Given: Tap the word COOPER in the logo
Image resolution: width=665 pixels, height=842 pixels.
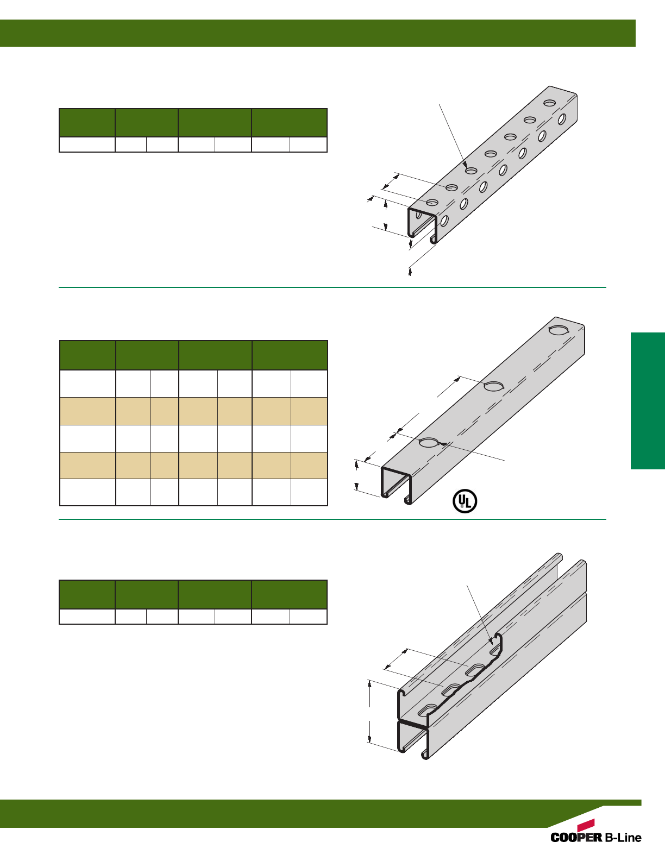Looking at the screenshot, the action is pyautogui.click(x=576, y=837).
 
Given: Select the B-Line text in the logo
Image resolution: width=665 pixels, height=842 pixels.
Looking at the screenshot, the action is pyautogui.click(x=623, y=837).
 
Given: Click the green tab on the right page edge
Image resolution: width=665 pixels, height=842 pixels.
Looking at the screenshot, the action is pyautogui.click(x=648, y=401).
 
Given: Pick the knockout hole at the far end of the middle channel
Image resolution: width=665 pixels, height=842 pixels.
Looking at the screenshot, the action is pyautogui.click(x=558, y=330).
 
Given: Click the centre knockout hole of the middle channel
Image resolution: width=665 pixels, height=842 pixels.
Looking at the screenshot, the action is pyautogui.click(x=493, y=386).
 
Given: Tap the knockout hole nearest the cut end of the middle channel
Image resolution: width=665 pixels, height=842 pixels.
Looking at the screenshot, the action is pyautogui.click(x=429, y=443).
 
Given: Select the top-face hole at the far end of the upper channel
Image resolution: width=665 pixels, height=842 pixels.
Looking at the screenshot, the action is pyautogui.click(x=549, y=103).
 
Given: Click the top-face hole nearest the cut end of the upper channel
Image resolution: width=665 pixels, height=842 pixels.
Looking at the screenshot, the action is pyautogui.click(x=432, y=203).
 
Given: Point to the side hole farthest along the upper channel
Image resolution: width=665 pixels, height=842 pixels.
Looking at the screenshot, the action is pyautogui.click(x=562, y=118).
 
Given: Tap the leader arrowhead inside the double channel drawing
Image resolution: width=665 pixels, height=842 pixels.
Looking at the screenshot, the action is pyautogui.click(x=491, y=641).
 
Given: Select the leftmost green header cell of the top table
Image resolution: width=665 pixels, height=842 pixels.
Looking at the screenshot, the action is pyautogui.click(x=87, y=122).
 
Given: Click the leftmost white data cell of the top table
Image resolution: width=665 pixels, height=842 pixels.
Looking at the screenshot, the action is pyautogui.click(x=87, y=144).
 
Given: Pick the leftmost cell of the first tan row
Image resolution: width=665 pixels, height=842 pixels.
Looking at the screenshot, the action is pyautogui.click(x=87, y=411).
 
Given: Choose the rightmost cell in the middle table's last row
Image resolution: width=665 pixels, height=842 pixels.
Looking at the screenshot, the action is pyautogui.click(x=309, y=492).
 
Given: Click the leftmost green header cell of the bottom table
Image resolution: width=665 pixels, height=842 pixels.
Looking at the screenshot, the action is pyautogui.click(x=87, y=594).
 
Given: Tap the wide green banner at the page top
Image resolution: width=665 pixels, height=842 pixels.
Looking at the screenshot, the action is pyautogui.click(x=318, y=33).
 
